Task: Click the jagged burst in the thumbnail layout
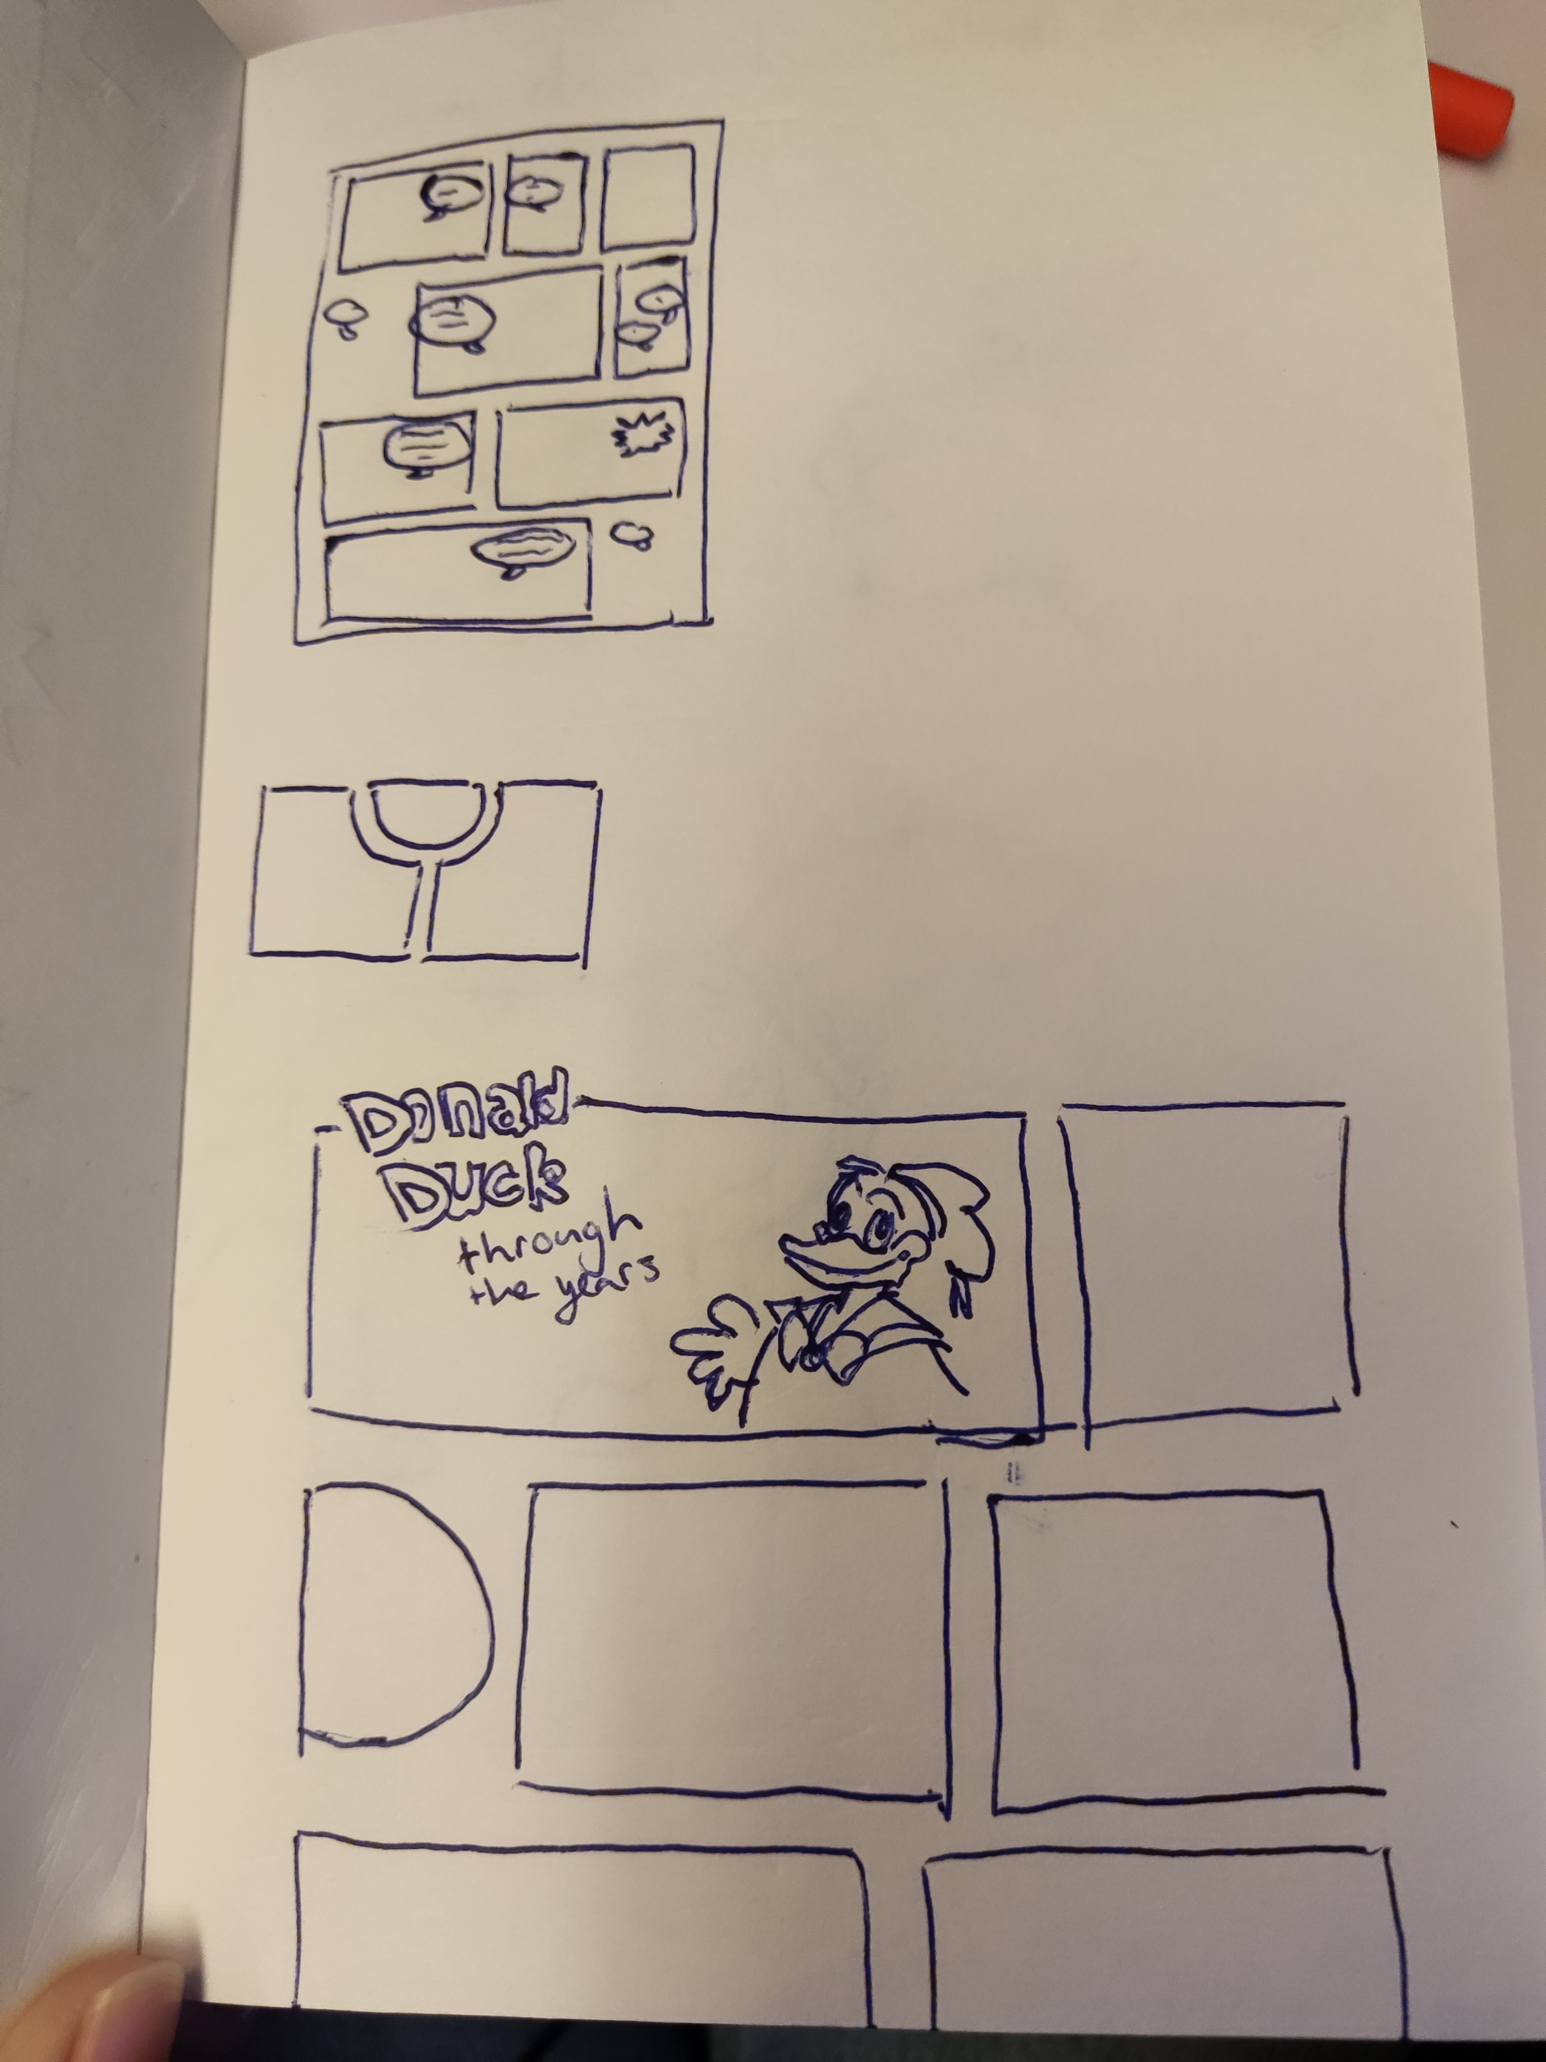point(643,434)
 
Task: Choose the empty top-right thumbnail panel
point(649,197)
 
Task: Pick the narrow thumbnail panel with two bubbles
point(652,317)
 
